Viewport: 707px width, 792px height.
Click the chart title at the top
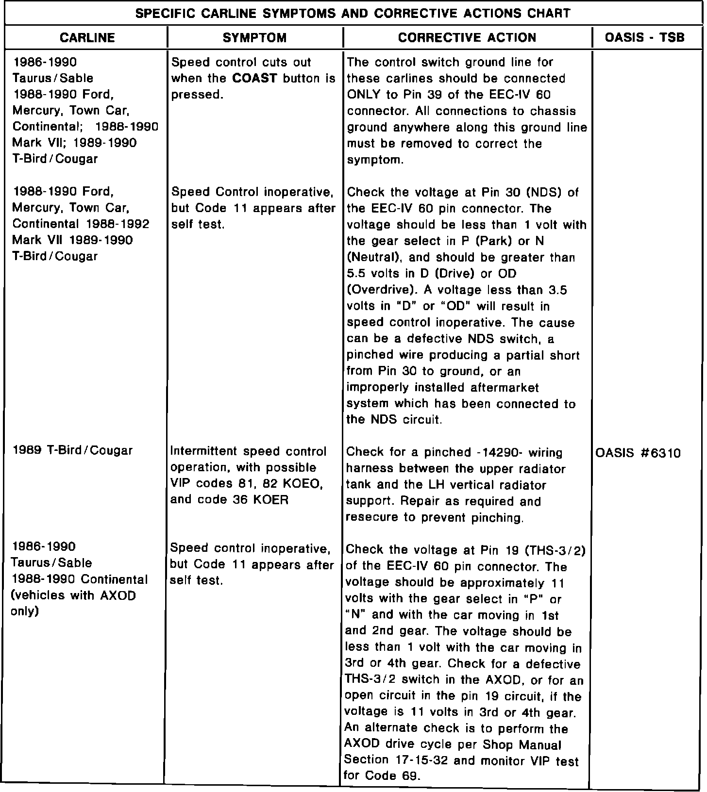click(x=353, y=13)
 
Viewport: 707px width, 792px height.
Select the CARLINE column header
click(x=87, y=38)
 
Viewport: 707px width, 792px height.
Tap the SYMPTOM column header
click(x=254, y=38)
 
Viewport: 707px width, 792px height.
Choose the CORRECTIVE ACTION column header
click(x=467, y=38)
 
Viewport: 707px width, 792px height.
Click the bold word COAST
click(x=255, y=79)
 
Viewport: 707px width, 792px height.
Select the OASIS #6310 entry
click(x=638, y=453)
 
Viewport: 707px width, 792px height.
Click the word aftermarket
click(x=505, y=388)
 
